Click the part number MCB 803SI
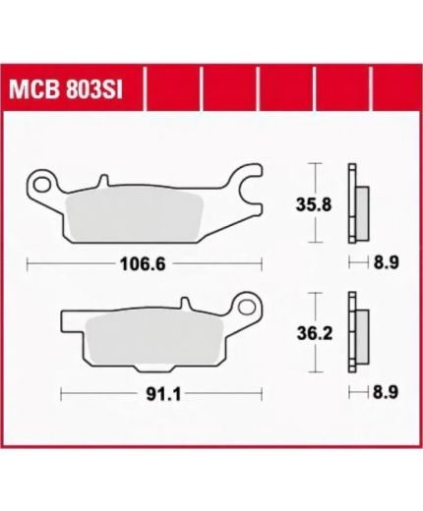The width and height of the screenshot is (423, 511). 66,90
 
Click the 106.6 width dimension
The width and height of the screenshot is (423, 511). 143,264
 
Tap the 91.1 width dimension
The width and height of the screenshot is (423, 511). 163,395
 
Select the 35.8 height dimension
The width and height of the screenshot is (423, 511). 314,205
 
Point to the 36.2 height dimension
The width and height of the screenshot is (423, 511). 315,333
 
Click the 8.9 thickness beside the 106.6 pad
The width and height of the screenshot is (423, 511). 387,262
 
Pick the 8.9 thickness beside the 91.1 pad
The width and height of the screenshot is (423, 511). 386,392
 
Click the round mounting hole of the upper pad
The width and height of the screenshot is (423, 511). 40,184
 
